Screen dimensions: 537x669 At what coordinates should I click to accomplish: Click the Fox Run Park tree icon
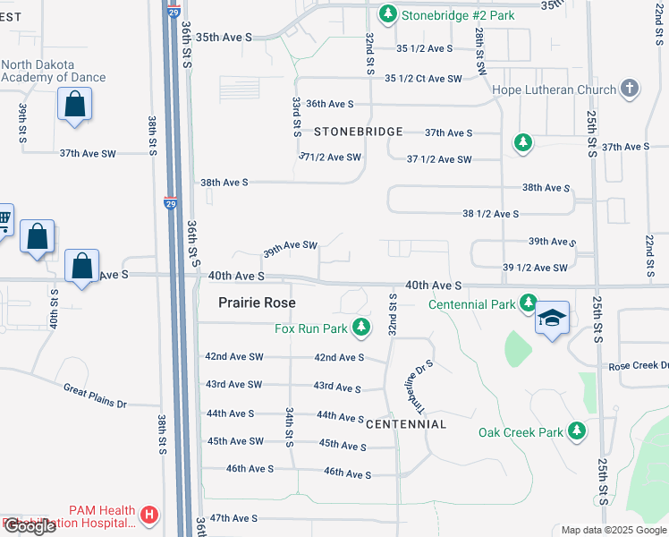tap(361, 328)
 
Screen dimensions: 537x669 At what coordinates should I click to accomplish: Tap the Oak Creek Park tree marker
tap(577, 432)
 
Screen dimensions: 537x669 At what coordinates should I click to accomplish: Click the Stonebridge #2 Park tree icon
tap(387, 14)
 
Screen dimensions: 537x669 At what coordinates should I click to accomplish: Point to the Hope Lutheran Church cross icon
tap(631, 89)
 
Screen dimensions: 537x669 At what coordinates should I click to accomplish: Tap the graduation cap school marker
tap(552, 320)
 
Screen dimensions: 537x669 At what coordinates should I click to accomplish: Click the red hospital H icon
tap(149, 516)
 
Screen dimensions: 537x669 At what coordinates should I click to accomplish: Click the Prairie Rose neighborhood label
tap(258, 303)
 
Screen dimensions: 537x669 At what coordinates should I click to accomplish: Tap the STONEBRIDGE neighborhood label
tap(358, 132)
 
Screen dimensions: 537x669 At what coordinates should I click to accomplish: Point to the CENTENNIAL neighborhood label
tap(405, 423)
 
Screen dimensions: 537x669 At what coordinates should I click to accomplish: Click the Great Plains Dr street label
tap(96, 395)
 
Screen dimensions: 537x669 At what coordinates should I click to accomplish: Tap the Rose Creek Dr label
tap(638, 366)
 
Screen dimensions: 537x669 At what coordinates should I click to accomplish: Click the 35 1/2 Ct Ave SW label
tap(423, 79)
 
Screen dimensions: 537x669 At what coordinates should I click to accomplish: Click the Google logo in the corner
tap(30, 527)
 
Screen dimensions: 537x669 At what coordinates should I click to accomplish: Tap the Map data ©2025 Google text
tap(613, 530)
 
